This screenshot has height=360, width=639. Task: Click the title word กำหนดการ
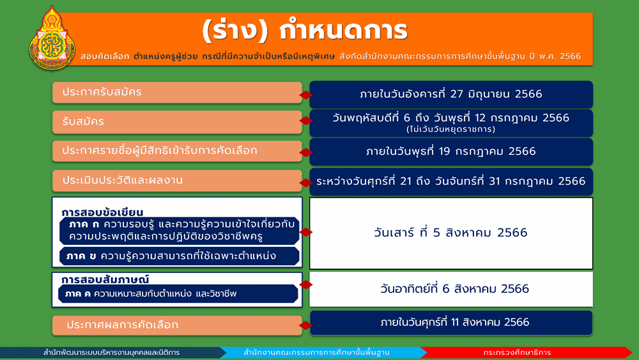344,31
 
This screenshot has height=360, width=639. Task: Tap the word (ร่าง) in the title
235,31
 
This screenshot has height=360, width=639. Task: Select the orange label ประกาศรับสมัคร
177,93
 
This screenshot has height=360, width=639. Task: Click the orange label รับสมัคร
177,122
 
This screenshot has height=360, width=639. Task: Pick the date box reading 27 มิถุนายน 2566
451,95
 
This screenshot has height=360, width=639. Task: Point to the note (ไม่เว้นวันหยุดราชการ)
450,129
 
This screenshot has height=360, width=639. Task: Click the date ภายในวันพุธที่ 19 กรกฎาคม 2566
451,152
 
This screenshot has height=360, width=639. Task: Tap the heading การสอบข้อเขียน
102,212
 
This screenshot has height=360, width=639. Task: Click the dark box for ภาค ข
180,256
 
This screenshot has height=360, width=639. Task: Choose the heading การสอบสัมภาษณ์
105,279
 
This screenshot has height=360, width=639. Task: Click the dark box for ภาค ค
178,293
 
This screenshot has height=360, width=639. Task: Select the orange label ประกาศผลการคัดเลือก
177,325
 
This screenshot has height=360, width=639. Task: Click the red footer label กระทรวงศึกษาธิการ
517,352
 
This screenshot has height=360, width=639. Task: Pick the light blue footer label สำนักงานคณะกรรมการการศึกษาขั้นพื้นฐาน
317,352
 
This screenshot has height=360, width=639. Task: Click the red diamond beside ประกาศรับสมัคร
305,95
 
